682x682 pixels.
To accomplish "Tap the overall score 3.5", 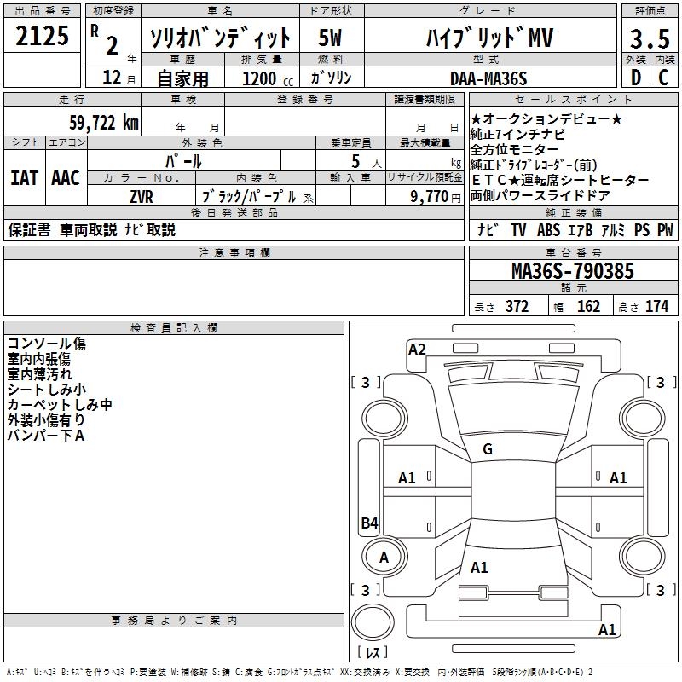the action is [x=648, y=38].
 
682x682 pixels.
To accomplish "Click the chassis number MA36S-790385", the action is [x=572, y=272].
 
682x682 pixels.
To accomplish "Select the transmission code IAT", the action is [x=24, y=178].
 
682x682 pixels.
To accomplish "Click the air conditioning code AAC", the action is [x=65, y=178].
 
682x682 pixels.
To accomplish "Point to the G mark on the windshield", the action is [x=488, y=449].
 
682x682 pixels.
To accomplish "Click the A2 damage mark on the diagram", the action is [x=417, y=349].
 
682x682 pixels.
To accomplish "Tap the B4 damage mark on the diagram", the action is [x=369, y=523].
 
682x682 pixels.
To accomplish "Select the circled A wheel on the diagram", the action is [x=384, y=557].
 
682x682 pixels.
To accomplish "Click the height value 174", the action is [x=657, y=307].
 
